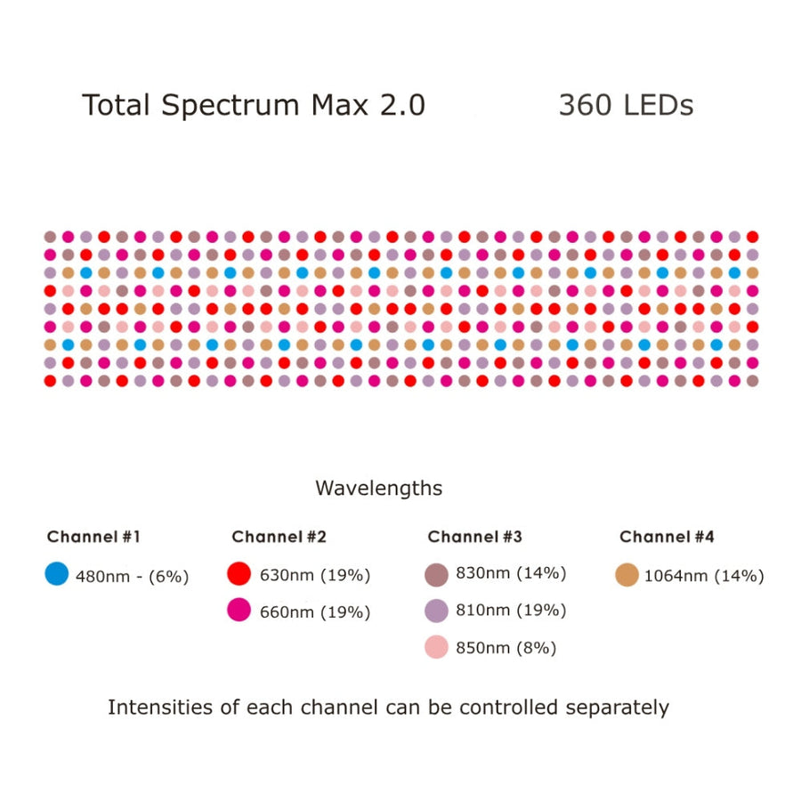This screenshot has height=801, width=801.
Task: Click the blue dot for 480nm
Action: click(x=56, y=574)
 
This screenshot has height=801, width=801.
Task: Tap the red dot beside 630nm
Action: click(x=239, y=574)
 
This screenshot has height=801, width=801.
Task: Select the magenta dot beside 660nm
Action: click(x=239, y=611)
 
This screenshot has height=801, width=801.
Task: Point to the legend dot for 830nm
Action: click(x=436, y=574)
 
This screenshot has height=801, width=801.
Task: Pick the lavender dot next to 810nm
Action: click(x=436, y=611)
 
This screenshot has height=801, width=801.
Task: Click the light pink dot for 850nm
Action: click(x=436, y=647)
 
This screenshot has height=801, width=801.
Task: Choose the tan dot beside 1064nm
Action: click(x=627, y=574)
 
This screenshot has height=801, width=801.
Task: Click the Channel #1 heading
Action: click(x=93, y=537)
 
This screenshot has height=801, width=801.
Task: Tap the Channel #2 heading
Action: click(x=279, y=537)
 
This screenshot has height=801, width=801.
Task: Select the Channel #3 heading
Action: click(x=474, y=537)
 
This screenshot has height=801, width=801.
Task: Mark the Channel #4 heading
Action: click(x=667, y=537)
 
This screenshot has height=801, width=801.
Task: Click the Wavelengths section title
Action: click(x=378, y=488)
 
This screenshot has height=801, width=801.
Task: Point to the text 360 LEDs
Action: click(x=626, y=105)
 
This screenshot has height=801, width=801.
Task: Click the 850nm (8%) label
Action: click(x=506, y=648)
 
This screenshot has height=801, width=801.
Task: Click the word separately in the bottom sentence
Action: click(x=617, y=708)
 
